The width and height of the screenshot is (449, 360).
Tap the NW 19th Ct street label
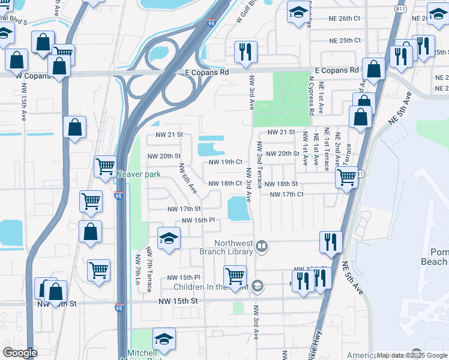[x=225, y=162]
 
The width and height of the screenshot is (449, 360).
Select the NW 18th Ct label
[x=225, y=184]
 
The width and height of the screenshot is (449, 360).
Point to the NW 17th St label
[x=183, y=209]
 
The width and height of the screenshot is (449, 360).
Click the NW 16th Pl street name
[x=198, y=220]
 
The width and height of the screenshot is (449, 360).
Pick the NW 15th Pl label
[x=184, y=277]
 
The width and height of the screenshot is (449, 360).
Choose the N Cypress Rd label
[x=311, y=95]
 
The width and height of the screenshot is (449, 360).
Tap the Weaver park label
[x=138, y=174]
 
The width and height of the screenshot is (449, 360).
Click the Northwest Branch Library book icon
[x=262, y=245]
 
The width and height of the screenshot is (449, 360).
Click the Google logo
[x=20, y=353]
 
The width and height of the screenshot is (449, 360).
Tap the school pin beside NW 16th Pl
[x=169, y=238]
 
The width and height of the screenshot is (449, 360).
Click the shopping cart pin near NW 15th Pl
[x=235, y=277]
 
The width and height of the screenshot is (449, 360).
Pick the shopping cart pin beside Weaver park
[x=105, y=166]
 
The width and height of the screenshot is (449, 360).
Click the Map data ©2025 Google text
[x=411, y=355]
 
